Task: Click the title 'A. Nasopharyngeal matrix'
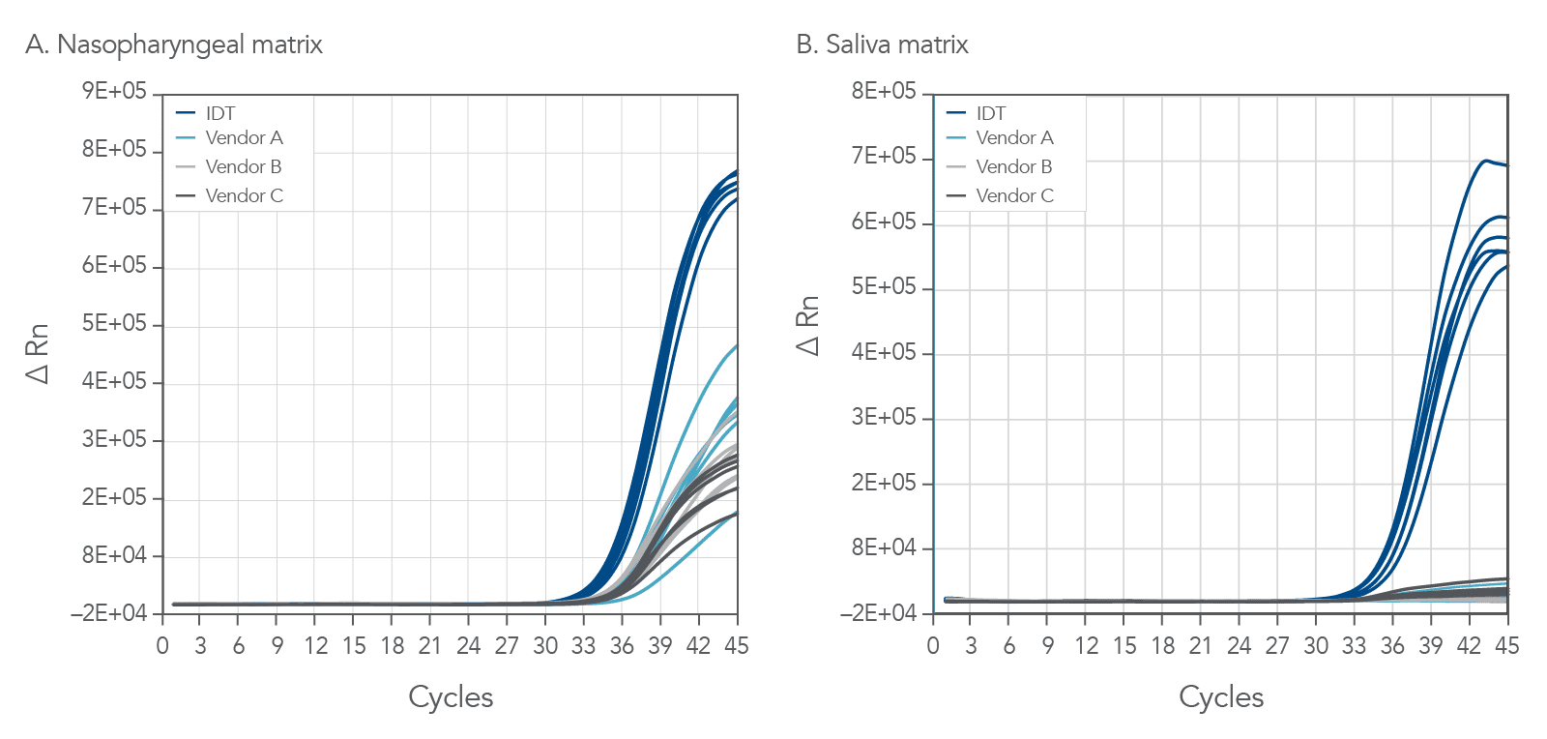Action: point(174,44)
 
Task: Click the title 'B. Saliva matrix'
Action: point(882,44)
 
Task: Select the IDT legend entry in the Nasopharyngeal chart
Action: point(219,113)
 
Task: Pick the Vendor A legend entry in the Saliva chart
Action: point(1014,138)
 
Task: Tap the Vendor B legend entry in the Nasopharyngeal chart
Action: point(243,166)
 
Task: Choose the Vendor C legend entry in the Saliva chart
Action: point(1014,195)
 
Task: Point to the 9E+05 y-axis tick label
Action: point(114,91)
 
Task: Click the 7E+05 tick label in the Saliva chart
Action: point(884,156)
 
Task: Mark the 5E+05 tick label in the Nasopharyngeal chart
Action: point(114,323)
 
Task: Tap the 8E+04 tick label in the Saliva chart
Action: point(884,547)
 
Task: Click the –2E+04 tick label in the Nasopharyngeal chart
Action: point(108,613)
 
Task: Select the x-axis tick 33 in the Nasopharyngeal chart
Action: point(583,646)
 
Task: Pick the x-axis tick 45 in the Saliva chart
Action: point(1506,646)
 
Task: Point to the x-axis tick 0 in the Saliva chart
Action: point(933,646)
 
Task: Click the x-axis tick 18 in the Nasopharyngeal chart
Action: point(392,646)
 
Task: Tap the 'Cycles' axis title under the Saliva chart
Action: point(1221,697)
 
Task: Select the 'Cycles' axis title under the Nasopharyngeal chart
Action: point(451,697)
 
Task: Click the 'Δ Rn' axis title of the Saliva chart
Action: point(808,326)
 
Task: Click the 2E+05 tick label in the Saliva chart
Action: point(884,483)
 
